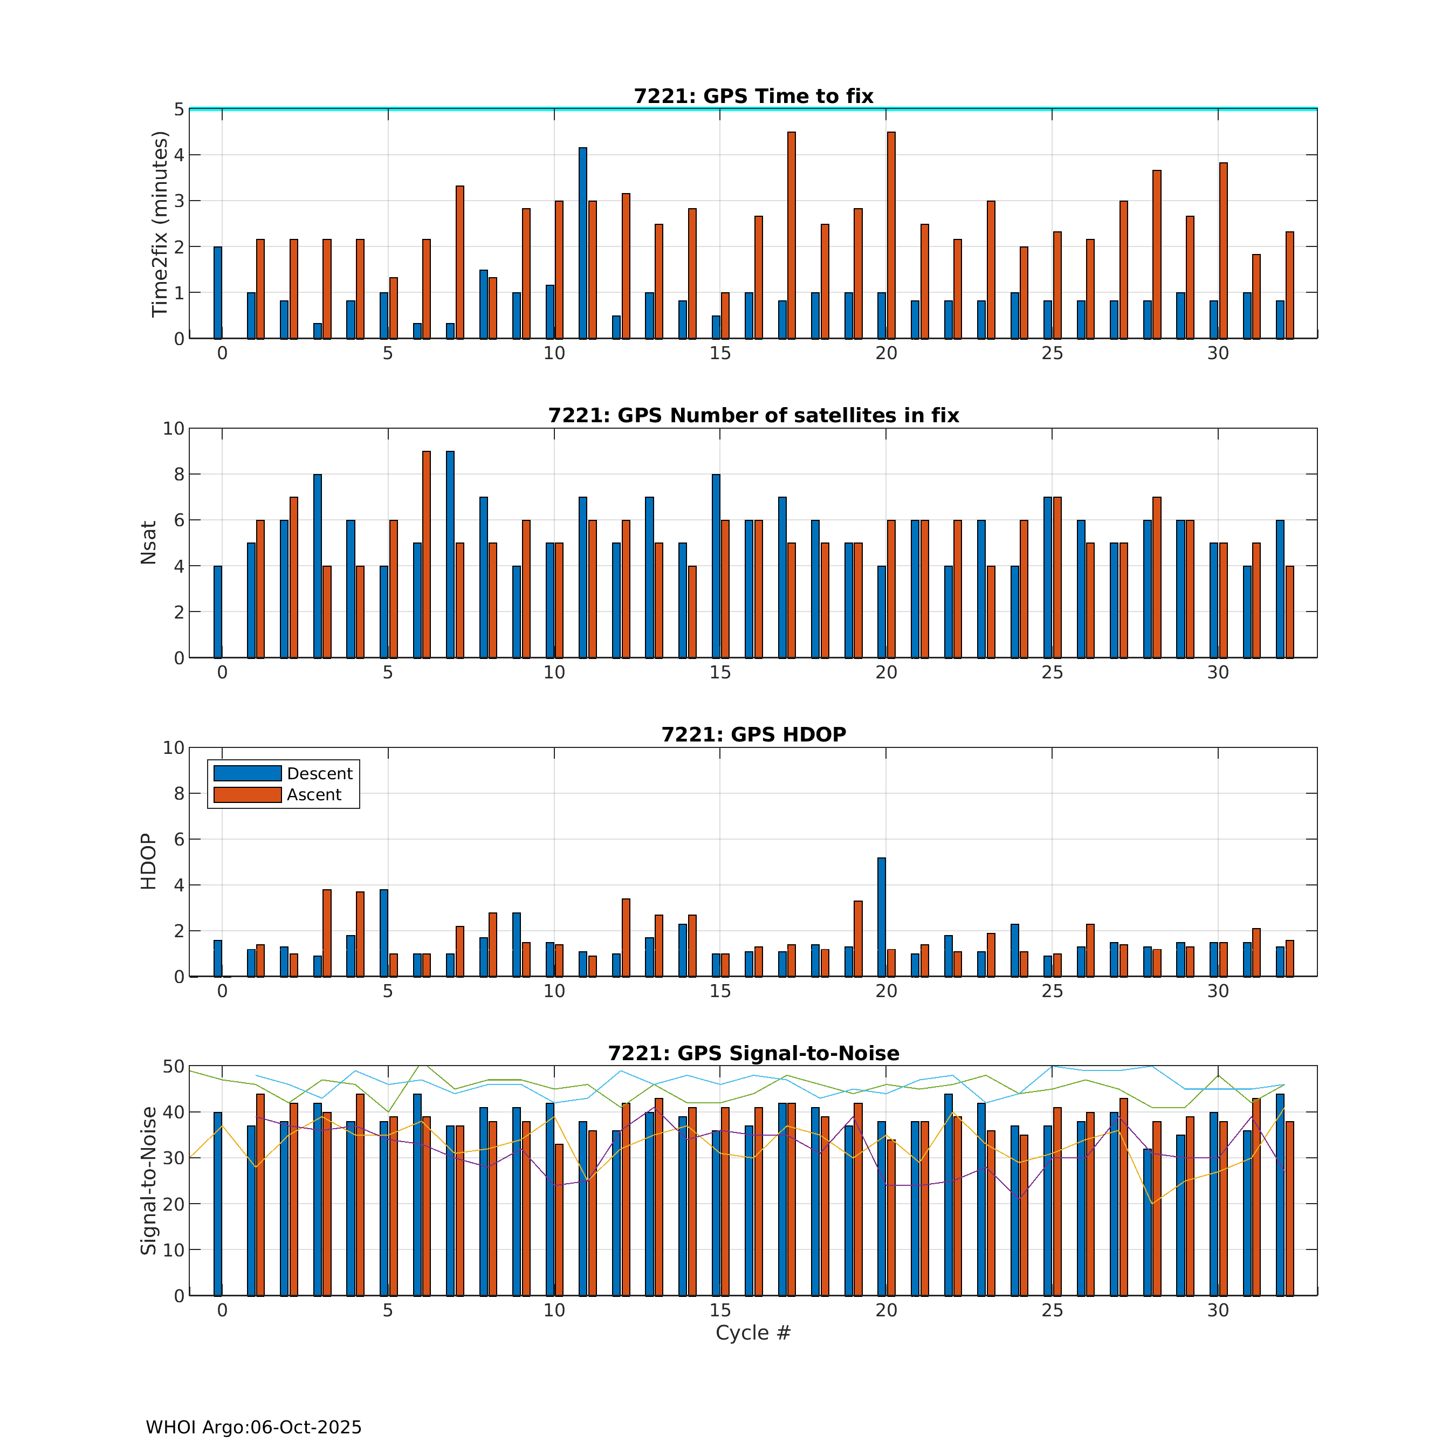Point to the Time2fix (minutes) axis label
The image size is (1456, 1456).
(x=159, y=224)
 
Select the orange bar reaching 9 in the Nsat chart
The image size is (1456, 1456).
(x=427, y=554)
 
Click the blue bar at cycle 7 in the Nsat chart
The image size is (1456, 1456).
(x=450, y=554)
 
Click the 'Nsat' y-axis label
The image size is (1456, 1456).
(x=148, y=542)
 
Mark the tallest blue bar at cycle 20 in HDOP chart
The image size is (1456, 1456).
(x=882, y=917)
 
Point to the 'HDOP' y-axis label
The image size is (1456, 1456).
(x=148, y=861)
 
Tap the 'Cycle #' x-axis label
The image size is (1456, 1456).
(x=753, y=1333)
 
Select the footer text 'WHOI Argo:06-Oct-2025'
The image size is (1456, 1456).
(x=253, y=1427)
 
